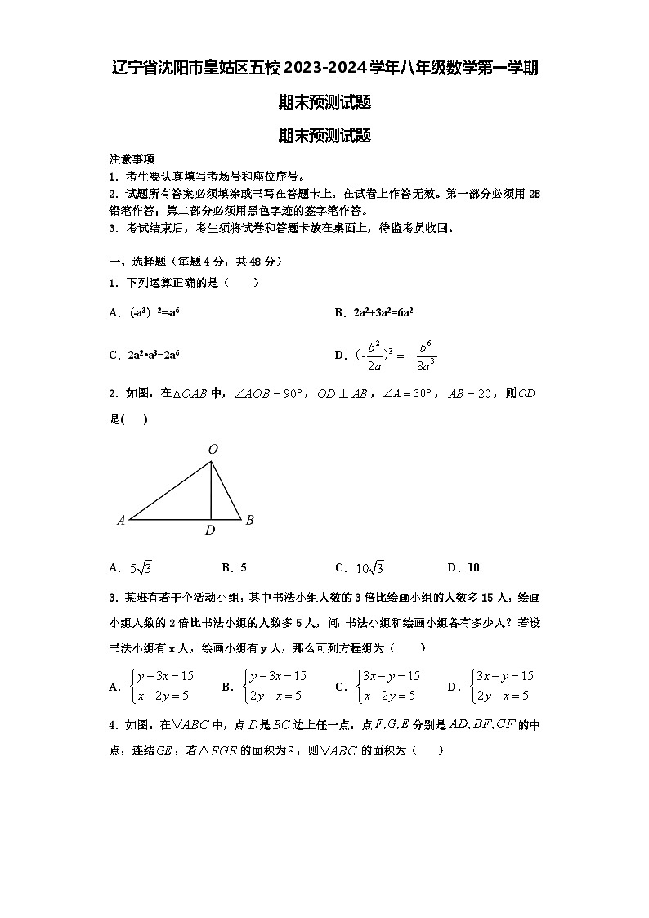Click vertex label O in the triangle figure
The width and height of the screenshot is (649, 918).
click(213, 449)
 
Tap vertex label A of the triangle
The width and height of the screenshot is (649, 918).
click(120, 520)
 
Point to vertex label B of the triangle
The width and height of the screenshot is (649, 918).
click(250, 520)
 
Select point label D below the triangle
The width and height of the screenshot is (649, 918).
click(210, 531)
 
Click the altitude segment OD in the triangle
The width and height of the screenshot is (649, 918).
click(212, 490)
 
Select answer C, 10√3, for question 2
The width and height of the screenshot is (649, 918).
click(360, 568)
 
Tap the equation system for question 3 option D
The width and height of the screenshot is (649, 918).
click(501, 686)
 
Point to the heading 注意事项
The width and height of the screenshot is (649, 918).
click(132, 159)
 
